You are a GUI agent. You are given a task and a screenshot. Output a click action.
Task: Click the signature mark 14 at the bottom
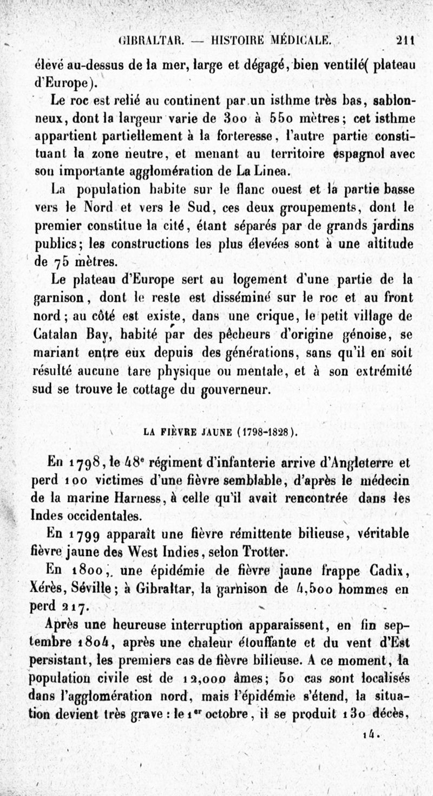371,735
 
